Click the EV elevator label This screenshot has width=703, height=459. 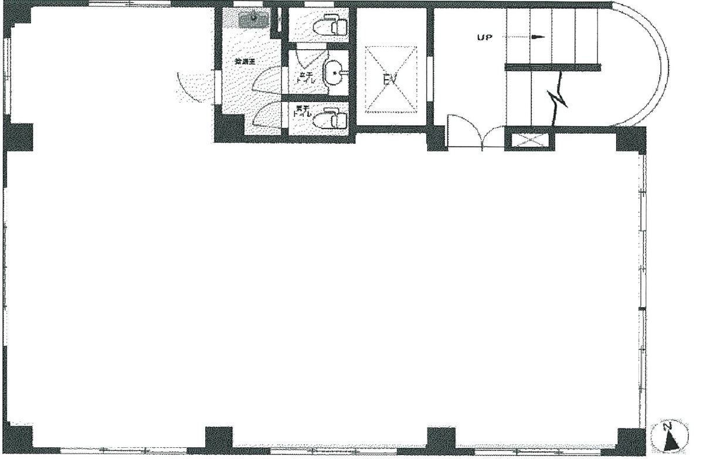pos(390,79)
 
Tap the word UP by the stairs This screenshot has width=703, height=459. pos(485,37)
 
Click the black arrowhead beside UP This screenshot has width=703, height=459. pos(537,37)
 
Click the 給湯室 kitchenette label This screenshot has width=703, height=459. pos(244,61)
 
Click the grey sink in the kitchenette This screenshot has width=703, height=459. pos(253,19)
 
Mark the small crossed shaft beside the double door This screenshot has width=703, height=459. pos(529,141)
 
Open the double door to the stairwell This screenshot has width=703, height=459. pos(476,134)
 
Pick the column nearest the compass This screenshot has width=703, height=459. pos(631,441)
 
